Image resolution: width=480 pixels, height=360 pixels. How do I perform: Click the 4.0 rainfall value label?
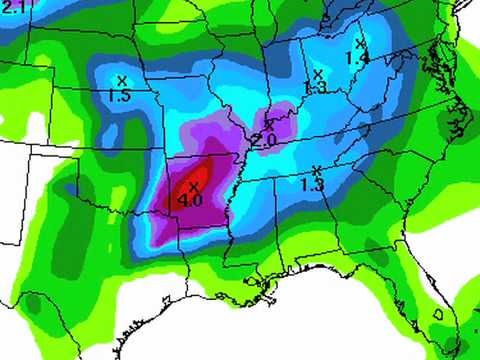pyautogui.click(x=190, y=200)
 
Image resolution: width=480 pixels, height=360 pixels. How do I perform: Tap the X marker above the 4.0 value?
pyautogui.click(x=193, y=186)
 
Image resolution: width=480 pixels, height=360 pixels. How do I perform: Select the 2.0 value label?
pyautogui.click(x=264, y=141)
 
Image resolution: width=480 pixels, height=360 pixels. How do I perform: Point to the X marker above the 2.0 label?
pyautogui.click(x=268, y=125)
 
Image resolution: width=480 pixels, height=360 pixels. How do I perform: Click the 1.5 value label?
pyautogui.click(x=120, y=95)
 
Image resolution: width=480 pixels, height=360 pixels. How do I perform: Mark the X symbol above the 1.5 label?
pyautogui.click(x=122, y=80)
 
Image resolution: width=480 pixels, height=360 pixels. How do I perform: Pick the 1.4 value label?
pyautogui.click(x=357, y=59)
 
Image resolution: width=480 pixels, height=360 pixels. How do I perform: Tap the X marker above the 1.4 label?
pyautogui.click(x=360, y=44)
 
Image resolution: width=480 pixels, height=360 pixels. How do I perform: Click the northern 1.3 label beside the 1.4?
pyautogui.click(x=315, y=88)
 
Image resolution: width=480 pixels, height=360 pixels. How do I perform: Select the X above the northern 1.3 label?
pyautogui.click(x=318, y=73)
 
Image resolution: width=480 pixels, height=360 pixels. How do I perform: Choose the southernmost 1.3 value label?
pyautogui.click(x=312, y=185)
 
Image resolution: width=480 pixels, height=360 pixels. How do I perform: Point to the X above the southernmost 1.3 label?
pyautogui.click(x=316, y=170)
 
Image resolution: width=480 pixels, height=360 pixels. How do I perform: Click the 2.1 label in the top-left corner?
pyautogui.click(x=13, y=9)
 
